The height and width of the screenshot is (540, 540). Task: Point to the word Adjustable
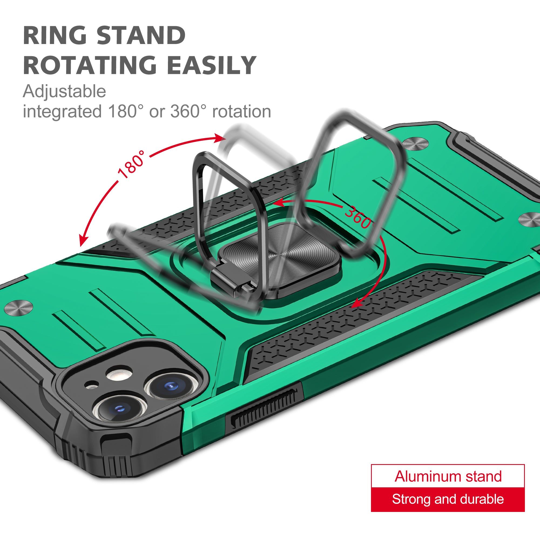pyautogui.click(x=64, y=92)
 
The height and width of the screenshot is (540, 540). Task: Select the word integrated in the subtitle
pyautogui.click(x=62, y=112)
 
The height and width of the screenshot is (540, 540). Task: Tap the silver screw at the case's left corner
pyautogui.click(x=18, y=308)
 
